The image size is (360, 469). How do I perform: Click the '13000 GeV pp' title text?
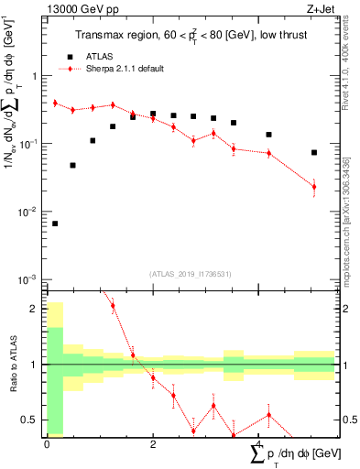[79, 10]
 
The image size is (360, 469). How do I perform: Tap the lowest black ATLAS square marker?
[55, 224]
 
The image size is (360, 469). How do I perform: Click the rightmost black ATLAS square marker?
[314, 153]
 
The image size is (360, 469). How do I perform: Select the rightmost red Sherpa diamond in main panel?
[314, 187]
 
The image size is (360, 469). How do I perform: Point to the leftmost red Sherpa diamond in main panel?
[55, 104]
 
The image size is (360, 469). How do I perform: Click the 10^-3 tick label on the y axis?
[30, 278]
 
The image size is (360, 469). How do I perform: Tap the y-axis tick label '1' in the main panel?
[36, 77]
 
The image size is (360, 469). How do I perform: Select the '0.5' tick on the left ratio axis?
[30, 420]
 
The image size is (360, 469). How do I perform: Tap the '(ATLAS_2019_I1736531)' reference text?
[190, 274]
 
